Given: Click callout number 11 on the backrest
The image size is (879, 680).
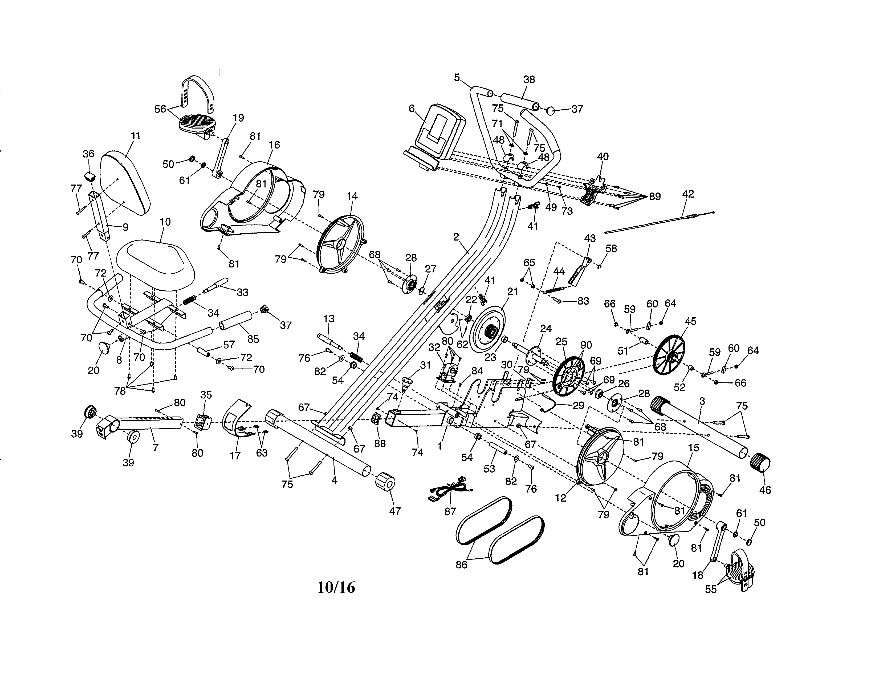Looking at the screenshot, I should [x=136, y=136].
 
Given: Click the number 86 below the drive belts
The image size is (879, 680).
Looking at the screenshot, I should [x=461, y=565].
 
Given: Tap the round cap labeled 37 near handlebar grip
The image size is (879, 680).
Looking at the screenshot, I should [x=552, y=109].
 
